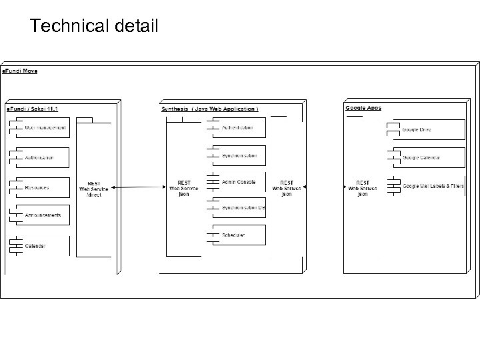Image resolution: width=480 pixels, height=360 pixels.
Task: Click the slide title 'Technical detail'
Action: point(94,26)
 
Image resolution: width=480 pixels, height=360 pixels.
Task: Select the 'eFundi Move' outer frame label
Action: point(20,71)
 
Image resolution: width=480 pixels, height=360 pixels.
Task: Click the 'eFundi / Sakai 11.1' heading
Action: point(32,109)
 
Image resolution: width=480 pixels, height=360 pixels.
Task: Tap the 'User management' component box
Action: point(40,127)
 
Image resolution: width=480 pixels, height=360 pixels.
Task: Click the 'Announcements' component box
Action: point(40,215)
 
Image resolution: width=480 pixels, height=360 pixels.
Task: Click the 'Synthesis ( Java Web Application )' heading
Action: point(210,109)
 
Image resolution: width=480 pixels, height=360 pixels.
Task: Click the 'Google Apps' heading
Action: point(363,108)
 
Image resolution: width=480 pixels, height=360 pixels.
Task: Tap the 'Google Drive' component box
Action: point(427,129)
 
